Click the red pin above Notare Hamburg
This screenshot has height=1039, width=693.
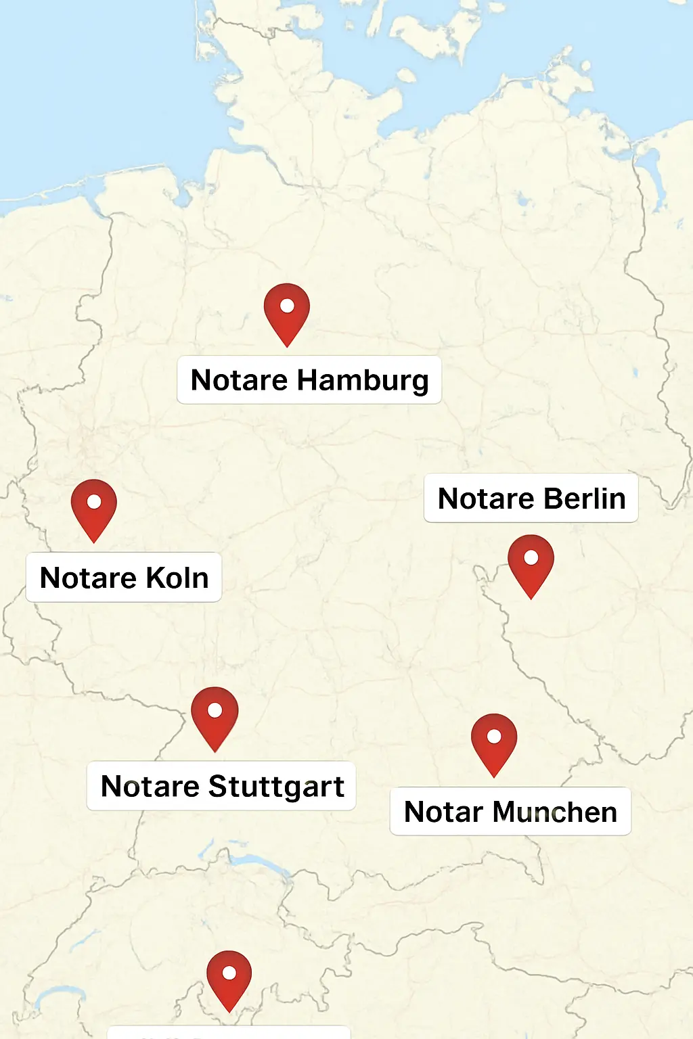pyautogui.click(x=287, y=311)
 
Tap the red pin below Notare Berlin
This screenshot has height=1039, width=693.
pyautogui.click(x=531, y=563)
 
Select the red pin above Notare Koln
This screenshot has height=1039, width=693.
pyautogui.click(x=94, y=507)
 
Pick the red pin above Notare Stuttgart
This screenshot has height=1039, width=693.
pyautogui.click(x=215, y=716)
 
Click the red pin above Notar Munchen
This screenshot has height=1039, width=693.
pyautogui.click(x=494, y=741)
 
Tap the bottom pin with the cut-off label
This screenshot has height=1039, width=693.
pyautogui.click(x=229, y=978)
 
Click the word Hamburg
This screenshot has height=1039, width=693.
pyautogui.click(x=363, y=380)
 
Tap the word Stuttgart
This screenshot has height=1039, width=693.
pyautogui.click(x=276, y=787)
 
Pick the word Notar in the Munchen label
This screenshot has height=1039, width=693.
pyautogui.click(x=443, y=812)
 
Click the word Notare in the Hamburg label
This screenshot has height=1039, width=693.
pyautogui.click(x=239, y=380)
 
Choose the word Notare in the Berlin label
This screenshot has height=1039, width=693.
pyautogui.click(x=486, y=499)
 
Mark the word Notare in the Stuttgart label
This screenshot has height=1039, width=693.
pyautogui.click(x=150, y=787)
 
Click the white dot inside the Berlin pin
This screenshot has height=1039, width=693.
pyautogui.click(x=531, y=557)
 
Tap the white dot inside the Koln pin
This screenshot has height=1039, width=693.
pyautogui.click(x=94, y=502)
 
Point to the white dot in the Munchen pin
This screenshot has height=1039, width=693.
pyautogui.click(x=494, y=736)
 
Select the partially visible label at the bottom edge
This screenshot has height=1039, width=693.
pyautogui.click(x=229, y=1033)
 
